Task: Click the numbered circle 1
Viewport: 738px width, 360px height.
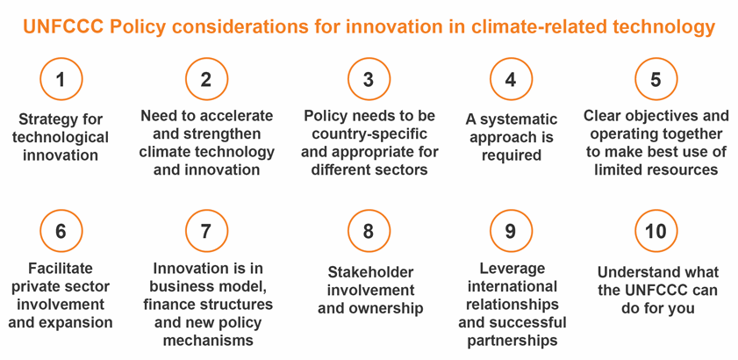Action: [61, 79]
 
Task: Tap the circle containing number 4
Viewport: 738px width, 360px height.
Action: [511, 79]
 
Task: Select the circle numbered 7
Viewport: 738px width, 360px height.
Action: [206, 231]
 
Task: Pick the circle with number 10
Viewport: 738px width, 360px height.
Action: [656, 231]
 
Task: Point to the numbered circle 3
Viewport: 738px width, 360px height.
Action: [369, 79]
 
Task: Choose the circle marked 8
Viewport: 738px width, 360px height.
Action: [369, 231]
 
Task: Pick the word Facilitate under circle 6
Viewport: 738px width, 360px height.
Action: [61, 269]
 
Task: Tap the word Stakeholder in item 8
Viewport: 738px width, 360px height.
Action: [370, 272]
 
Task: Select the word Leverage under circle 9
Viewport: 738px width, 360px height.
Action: [512, 269]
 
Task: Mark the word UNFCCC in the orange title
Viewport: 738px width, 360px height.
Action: [63, 27]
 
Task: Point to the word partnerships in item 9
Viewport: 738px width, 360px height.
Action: [512, 341]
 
